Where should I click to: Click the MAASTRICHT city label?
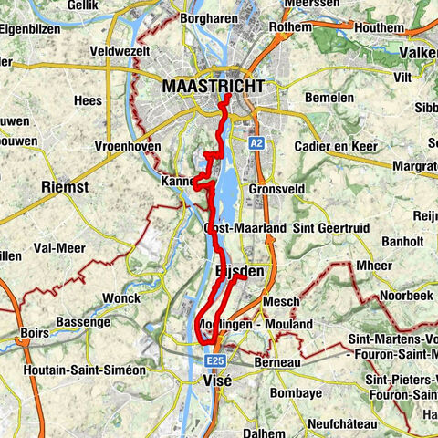point(214,86)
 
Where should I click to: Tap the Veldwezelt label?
point(120,51)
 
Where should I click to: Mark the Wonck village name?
point(121,297)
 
